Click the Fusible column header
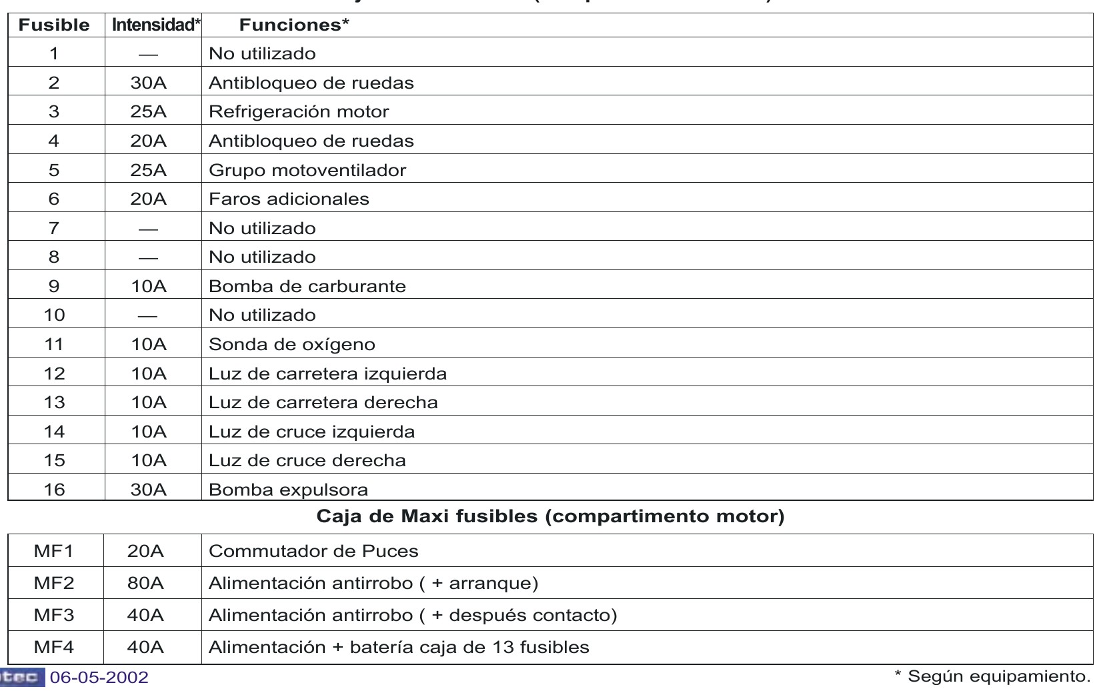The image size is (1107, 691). (x=54, y=25)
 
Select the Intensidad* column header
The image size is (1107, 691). (x=156, y=25)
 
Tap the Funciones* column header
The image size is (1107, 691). (x=294, y=25)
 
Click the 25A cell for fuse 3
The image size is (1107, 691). (x=149, y=112)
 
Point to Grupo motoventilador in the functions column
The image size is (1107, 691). (x=307, y=170)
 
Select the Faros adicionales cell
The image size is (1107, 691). (x=289, y=199)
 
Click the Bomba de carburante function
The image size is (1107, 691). (x=307, y=287)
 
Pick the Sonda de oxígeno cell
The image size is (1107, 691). (x=292, y=345)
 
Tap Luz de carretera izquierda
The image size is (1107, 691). (x=327, y=374)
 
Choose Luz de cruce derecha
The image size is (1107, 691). (x=307, y=461)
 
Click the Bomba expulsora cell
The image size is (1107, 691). (x=288, y=490)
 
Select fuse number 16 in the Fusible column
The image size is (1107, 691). (x=54, y=490)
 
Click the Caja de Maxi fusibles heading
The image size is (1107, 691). (x=550, y=517)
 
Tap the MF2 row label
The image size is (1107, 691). (x=54, y=584)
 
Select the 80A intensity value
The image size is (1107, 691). (x=145, y=584)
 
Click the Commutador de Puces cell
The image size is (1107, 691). (x=313, y=552)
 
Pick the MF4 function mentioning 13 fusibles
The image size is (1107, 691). (x=399, y=648)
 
